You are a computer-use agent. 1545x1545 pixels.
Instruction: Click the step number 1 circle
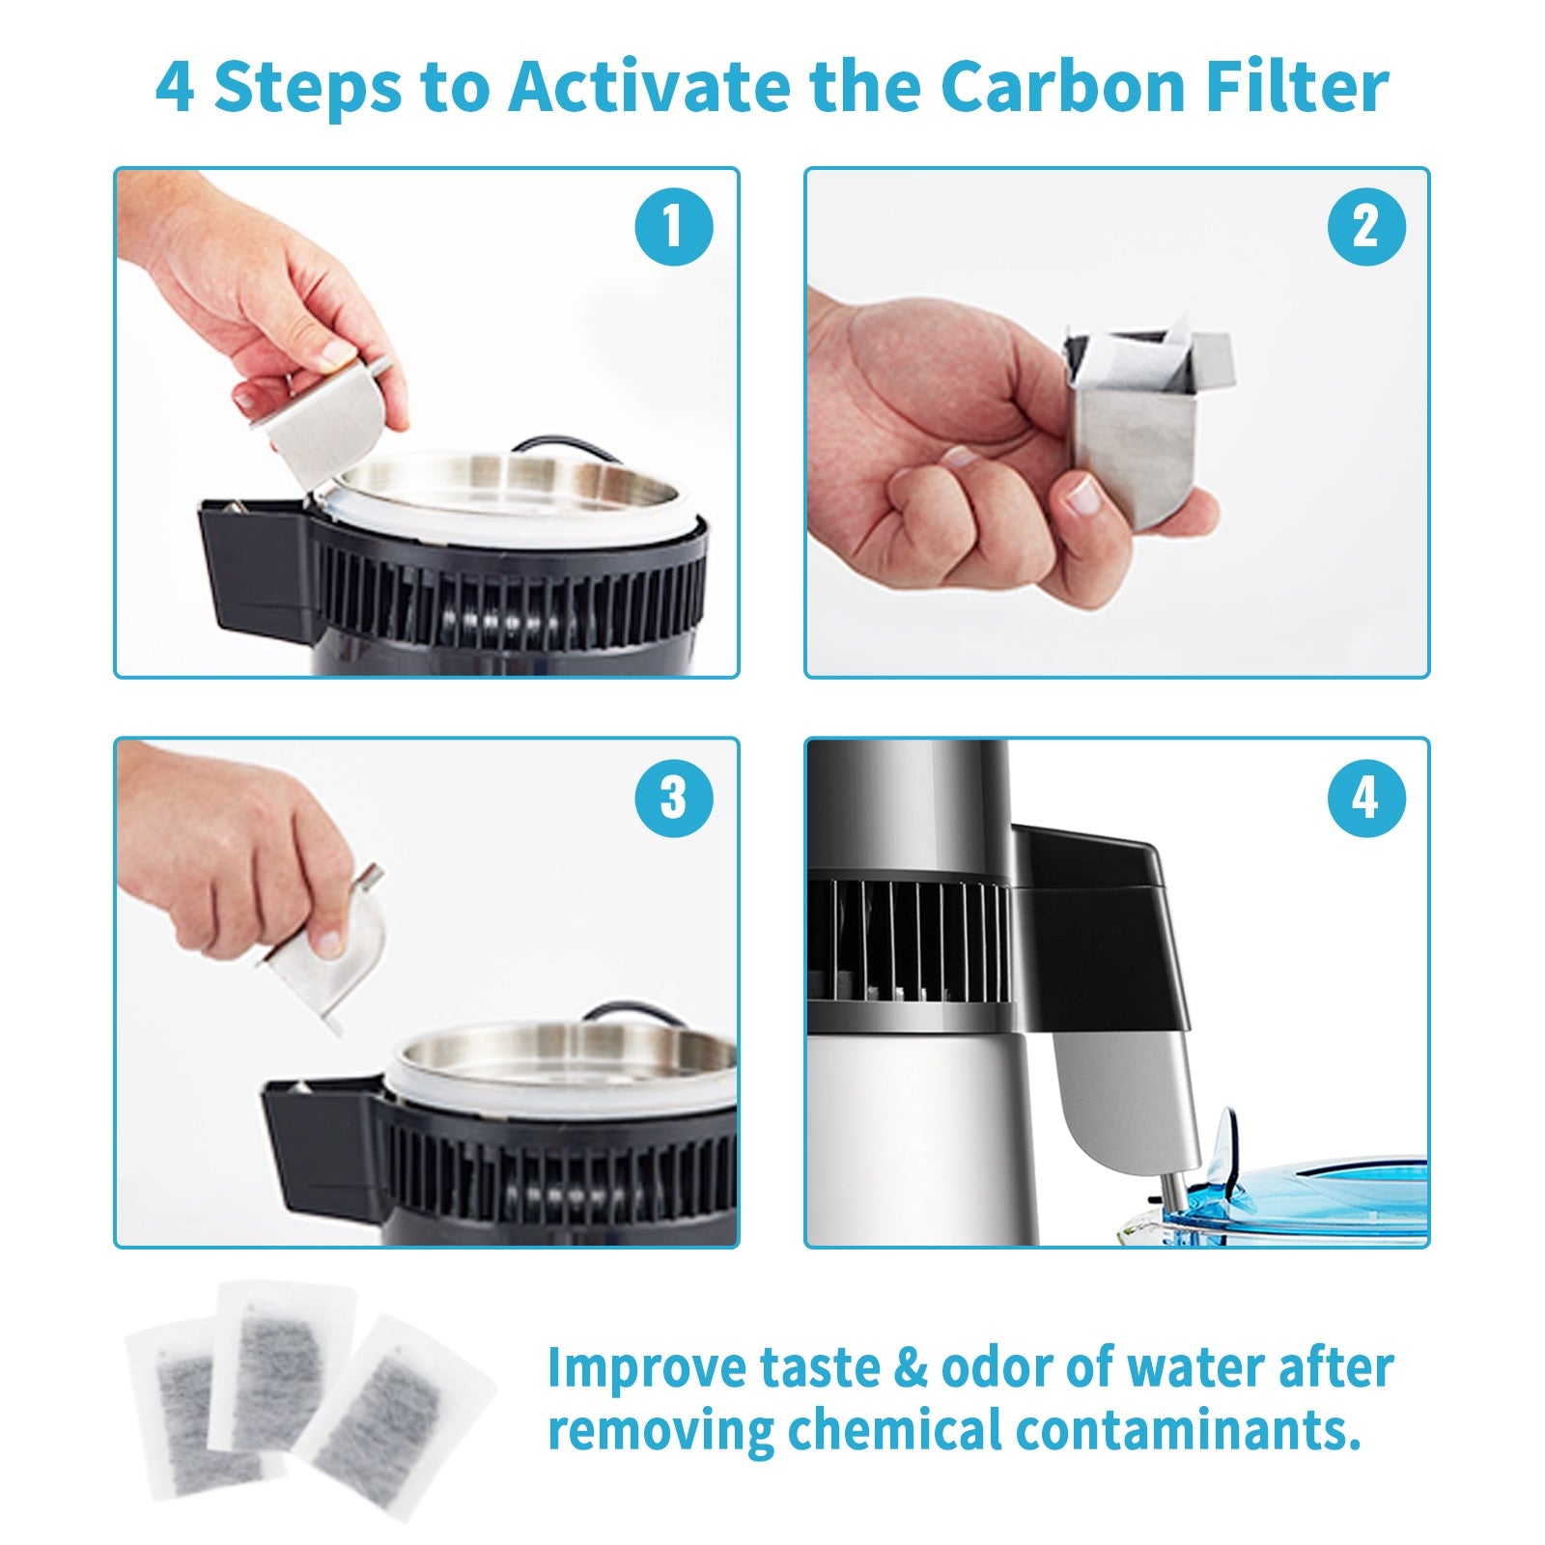[673, 227]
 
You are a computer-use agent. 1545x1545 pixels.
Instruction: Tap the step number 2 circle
[1365, 227]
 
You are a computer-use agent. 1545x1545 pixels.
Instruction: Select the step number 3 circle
[673, 798]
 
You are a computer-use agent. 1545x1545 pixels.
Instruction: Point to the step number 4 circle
[1365, 798]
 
